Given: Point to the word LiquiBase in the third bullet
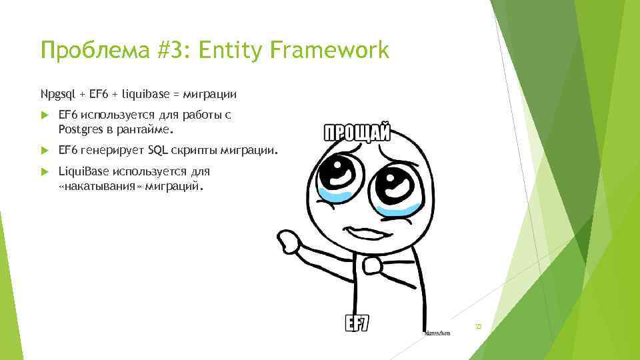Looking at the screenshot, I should click(x=84, y=171).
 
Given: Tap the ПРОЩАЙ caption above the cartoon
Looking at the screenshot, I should click(x=357, y=131).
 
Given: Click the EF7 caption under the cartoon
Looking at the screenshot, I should click(x=357, y=323).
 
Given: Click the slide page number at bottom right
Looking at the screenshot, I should click(x=477, y=326).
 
